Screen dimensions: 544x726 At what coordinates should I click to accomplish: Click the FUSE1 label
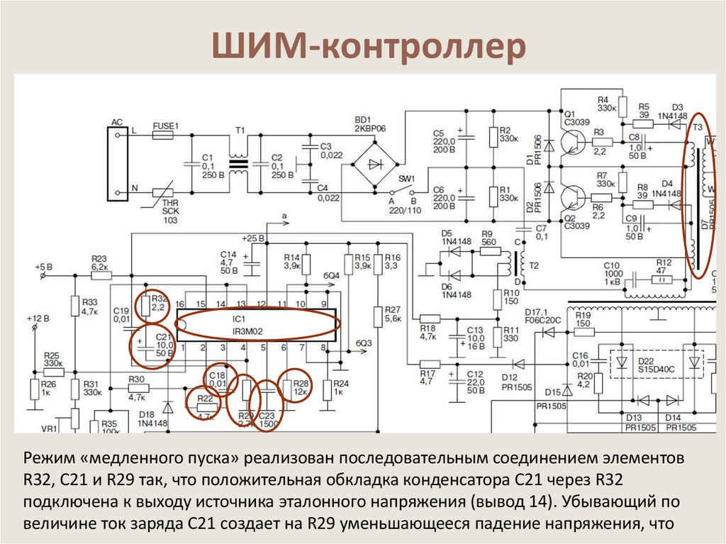(x=166, y=126)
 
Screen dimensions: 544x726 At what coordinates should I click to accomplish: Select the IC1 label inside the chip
(x=239, y=318)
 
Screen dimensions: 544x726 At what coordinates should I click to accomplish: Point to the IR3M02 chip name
(x=245, y=330)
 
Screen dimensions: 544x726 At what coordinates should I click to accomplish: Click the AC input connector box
(x=117, y=162)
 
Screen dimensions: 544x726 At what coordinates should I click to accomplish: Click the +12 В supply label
(x=38, y=318)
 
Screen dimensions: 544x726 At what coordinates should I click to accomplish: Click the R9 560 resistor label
(x=487, y=237)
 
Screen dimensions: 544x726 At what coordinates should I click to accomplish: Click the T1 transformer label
(x=240, y=131)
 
